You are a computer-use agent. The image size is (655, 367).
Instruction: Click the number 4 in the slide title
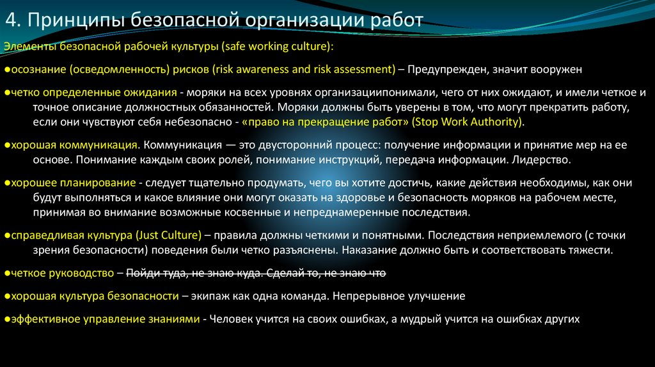tap(11, 20)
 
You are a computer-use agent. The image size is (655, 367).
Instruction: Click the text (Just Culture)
tap(170, 235)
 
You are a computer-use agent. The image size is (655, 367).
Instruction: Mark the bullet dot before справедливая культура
tap(6, 235)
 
